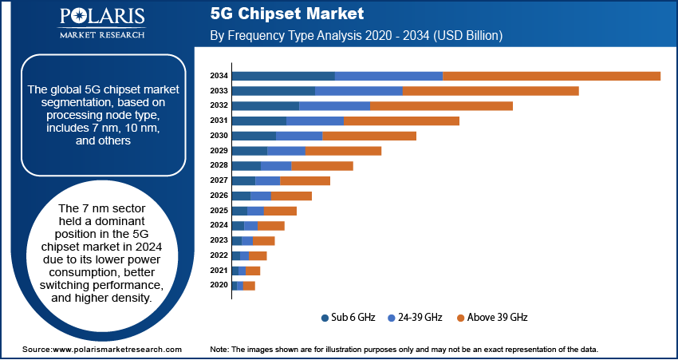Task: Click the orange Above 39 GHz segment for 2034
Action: [x=551, y=76]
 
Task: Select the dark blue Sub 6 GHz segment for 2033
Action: [x=274, y=91]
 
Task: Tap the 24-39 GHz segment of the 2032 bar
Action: [x=334, y=106]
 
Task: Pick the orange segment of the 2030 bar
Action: [x=369, y=136]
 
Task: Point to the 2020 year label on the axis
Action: [x=219, y=286]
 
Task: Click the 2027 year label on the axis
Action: [x=219, y=181]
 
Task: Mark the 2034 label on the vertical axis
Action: [x=219, y=76]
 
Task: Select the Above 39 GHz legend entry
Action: [x=496, y=317]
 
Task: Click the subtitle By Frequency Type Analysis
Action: [x=355, y=36]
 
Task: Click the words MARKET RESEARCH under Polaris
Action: [x=101, y=35]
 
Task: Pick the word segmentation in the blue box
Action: [x=73, y=103]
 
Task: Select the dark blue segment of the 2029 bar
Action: [x=249, y=151]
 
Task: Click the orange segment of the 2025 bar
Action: [x=280, y=211]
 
